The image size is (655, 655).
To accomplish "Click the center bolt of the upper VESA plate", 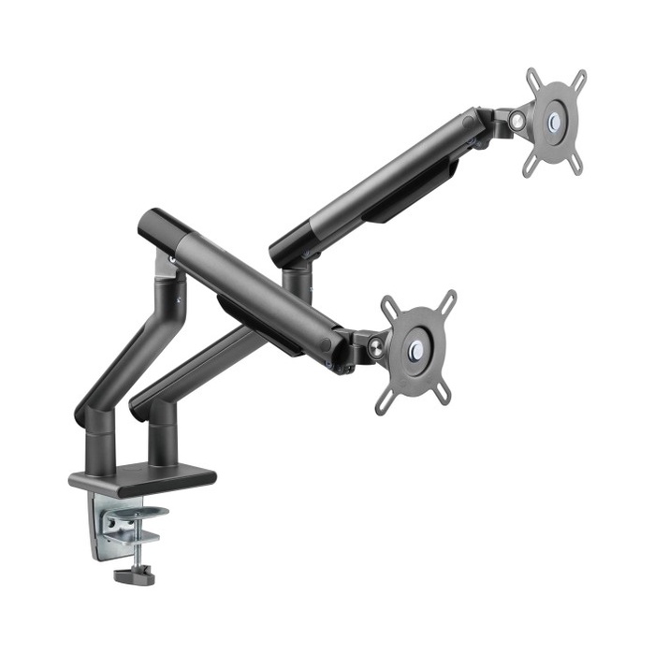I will (555, 121).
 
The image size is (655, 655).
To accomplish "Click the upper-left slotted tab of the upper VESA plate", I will (534, 78).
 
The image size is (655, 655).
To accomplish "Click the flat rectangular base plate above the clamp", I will (142, 478).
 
